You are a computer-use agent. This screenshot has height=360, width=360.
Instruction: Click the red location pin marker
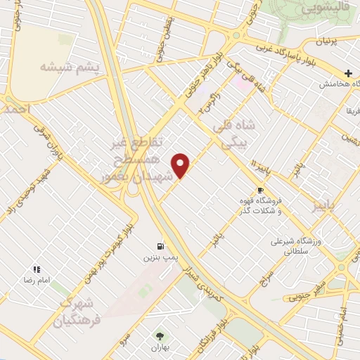tap(181, 165)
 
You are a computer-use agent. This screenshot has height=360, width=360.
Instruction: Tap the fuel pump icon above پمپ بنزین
tap(161, 246)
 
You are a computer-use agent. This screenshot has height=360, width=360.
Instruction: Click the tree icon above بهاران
tap(155, 336)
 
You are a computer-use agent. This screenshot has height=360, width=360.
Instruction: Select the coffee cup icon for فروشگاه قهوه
tap(260, 191)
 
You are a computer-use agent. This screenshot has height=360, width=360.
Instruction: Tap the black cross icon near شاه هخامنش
tap(349, 73)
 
